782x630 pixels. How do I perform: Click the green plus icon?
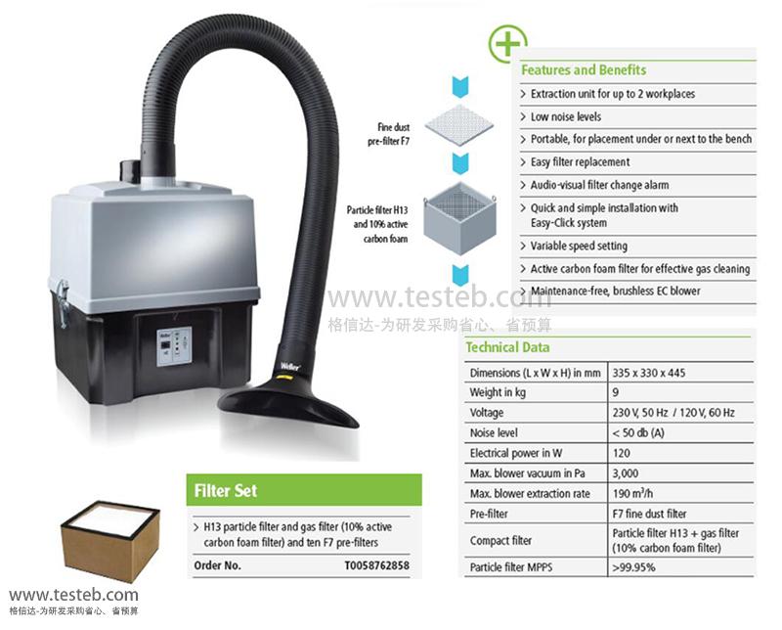506,43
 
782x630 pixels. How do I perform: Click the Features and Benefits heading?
584,70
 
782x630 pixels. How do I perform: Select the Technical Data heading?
507,347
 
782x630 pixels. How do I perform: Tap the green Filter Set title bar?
303,490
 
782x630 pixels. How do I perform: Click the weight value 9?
616,392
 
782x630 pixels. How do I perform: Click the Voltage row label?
487,413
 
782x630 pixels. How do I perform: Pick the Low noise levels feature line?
566,116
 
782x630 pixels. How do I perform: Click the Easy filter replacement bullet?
580,162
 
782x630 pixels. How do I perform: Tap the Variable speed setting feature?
579,246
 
